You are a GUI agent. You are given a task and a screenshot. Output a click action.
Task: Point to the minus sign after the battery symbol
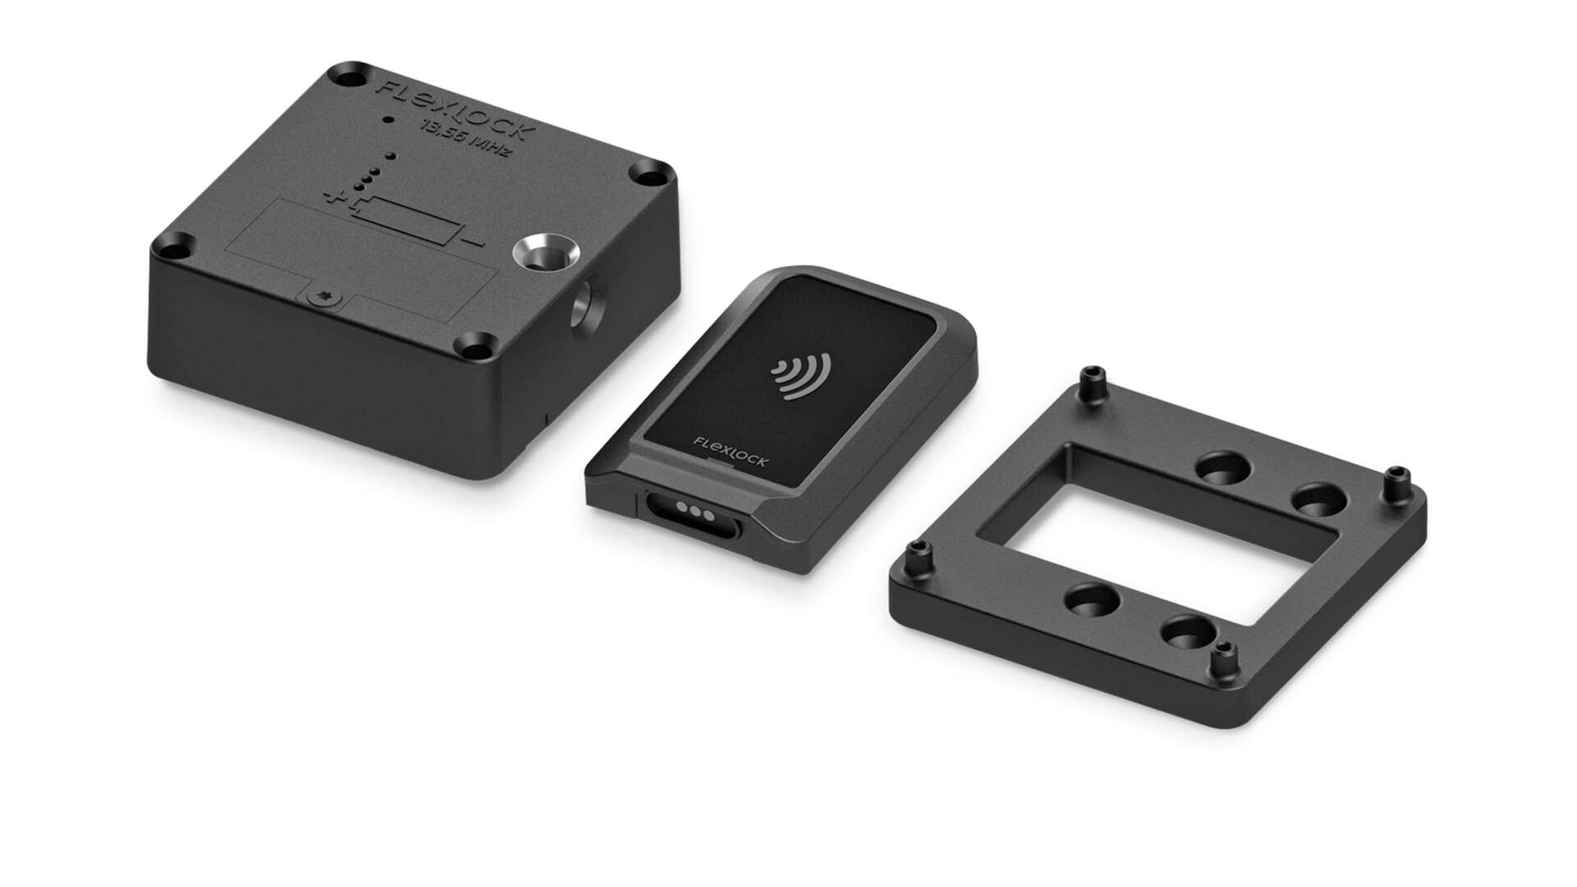pyautogui.click(x=473, y=243)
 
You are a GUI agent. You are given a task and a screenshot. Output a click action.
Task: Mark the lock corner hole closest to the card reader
pyautogui.click(x=479, y=348)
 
